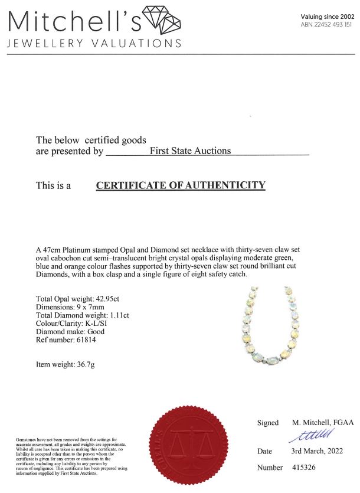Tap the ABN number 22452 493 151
click(326, 25)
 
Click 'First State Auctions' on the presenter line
click(190, 151)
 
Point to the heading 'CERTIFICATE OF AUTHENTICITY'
click(181, 185)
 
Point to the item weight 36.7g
click(85, 364)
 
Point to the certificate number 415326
click(306, 468)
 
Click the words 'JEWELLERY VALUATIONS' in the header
click(94, 44)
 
